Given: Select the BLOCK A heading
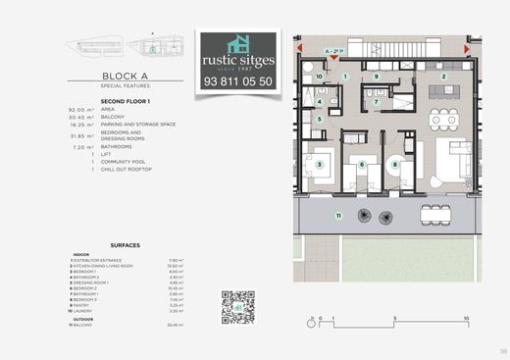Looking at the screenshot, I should point(125,74).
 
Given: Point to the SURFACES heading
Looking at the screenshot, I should point(126,244).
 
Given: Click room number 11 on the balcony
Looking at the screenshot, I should point(338,214).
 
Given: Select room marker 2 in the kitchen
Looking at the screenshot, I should point(443,77).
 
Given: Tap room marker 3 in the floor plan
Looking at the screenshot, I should point(320,164).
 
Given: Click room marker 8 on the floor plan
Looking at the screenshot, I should point(394,164).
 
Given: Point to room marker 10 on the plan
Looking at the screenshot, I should point(320,76).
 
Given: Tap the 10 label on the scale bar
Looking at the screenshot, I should point(466,319).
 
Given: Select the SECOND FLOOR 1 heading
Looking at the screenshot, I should point(124,101).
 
